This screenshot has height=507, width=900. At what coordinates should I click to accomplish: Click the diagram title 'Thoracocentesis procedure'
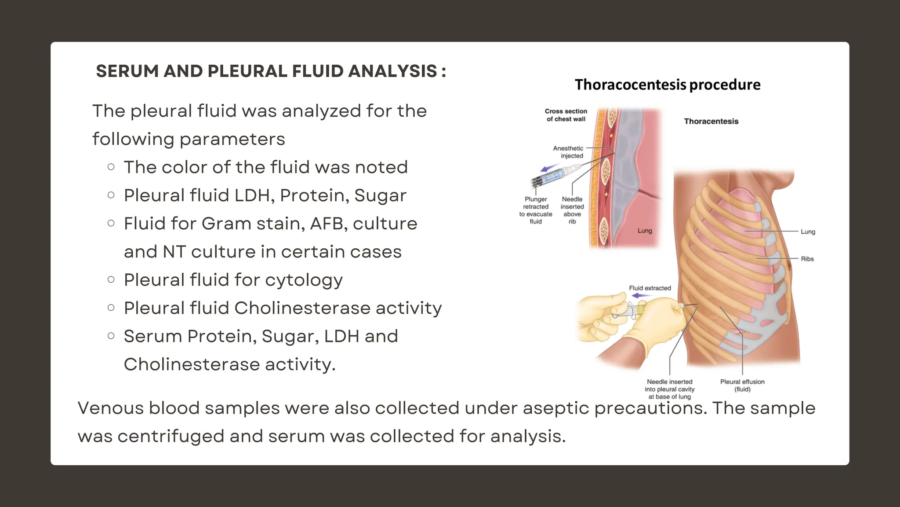click(667, 84)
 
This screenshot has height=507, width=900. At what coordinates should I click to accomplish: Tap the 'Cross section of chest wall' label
click(566, 115)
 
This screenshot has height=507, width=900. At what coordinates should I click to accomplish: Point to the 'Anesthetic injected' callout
click(569, 152)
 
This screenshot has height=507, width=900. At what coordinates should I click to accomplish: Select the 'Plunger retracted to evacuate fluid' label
click(536, 210)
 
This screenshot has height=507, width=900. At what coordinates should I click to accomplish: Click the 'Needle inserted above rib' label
click(572, 210)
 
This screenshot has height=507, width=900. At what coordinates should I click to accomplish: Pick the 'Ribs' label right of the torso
click(807, 259)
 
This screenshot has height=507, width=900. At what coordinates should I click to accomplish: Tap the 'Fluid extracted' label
click(650, 288)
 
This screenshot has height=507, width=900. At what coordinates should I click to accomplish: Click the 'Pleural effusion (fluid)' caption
click(742, 386)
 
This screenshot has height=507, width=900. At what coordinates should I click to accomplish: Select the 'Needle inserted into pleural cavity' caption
click(669, 389)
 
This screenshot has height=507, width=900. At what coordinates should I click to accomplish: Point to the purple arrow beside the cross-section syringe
click(549, 169)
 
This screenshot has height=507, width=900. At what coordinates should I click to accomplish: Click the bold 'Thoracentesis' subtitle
click(711, 121)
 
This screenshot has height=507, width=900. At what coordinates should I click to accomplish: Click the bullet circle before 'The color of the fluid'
click(111, 167)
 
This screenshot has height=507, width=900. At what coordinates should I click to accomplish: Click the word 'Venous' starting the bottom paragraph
click(111, 408)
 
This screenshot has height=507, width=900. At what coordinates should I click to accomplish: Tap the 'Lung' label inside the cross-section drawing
click(645, 231)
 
